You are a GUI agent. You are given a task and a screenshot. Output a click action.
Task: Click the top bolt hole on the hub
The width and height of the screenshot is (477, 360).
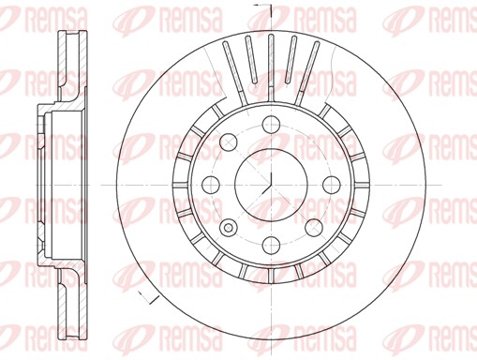click(271, 123)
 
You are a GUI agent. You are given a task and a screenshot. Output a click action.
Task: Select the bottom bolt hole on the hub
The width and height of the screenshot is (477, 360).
click(271, 246)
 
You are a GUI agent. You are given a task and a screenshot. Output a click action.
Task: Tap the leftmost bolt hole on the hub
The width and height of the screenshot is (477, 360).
click(209, 184)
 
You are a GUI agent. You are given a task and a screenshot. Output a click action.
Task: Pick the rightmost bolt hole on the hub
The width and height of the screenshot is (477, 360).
click(333, 184)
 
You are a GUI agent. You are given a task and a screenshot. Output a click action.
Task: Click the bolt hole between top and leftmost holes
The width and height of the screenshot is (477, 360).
click(227, 141)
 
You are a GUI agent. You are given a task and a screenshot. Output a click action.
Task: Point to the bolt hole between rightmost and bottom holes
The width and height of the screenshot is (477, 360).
click(315, 227)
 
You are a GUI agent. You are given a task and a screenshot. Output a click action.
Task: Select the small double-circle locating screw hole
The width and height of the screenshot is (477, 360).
click(228, 227)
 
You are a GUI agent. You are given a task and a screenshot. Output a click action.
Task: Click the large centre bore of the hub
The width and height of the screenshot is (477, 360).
click(269, 184)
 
